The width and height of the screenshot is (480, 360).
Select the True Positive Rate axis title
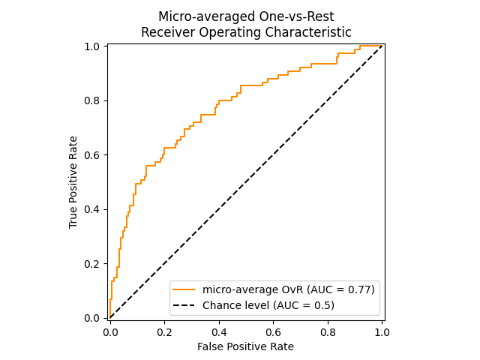coord(73,182)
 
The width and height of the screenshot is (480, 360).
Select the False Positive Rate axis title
coord(245,346)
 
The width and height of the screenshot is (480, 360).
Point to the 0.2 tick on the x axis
coord(164,331)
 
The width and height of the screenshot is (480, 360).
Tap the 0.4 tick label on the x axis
coord(219,331)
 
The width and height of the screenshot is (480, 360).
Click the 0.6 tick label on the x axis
coord(273,331)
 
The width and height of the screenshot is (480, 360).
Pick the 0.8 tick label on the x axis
coord(328,331)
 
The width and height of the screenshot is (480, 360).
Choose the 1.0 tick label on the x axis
coord(382,331)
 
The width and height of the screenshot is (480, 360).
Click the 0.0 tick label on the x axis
coord(110,331)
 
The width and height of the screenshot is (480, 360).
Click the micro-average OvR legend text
coord(252,289)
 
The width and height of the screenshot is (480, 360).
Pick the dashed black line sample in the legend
coord(185,305)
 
